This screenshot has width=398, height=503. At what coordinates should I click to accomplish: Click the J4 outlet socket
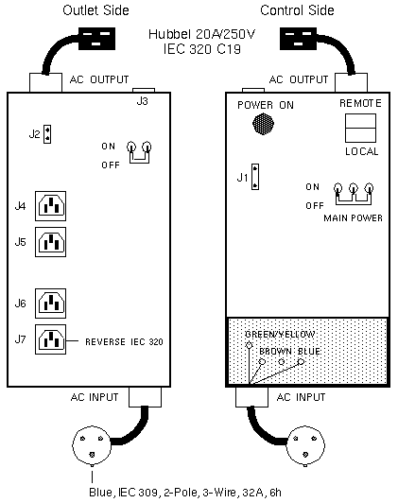pyautogui.click(x=51, y=206)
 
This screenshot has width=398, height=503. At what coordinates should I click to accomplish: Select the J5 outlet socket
pyautogui.click(x=51, y=242)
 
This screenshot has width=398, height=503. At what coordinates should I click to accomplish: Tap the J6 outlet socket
pyautogui.click(x=51, y=304)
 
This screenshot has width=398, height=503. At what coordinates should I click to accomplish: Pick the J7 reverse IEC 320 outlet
pyautogui.click(x=51, y=339)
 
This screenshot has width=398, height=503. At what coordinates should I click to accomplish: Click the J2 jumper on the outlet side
pyautogui.click(x=47, y=134)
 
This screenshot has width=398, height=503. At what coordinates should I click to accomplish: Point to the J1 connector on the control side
pyautogui.click(x=255, y=177)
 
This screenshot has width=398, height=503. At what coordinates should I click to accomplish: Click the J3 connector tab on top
pyautogui.click(x=144, y=91)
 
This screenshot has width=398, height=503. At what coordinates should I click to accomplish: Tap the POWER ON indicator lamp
pyautogui.click(x=264, y=124)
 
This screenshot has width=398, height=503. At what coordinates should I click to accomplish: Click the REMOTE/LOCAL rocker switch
pyautogui.click(x=360, y=128)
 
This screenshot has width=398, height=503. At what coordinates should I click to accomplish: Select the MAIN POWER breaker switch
pyautogui.click(x=354, y=194)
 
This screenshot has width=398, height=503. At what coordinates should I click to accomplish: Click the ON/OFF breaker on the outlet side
pyautogui.click(x=140, y=152)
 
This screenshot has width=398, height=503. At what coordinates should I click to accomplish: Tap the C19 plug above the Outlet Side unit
pyautogui.click(x=96, y=39)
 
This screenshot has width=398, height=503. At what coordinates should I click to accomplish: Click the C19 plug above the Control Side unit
pyautogui.click(x=298, y=39)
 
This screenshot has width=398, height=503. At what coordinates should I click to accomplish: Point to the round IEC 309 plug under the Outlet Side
pyautogui.click(x=92, y=445)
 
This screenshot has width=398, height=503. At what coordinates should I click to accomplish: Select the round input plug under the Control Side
pyautogui.click(x=305, y=446)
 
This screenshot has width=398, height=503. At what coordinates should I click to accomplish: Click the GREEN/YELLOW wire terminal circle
pyautogui.click(x=249, y=345)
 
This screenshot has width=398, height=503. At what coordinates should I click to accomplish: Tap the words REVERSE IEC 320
pyautogui.click(x=124, y=342)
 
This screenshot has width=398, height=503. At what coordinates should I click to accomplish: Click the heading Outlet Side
pyautogui.click(x=95, y=10)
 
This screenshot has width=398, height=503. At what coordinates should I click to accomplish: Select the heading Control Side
pyautogui.click(x=297, y=10)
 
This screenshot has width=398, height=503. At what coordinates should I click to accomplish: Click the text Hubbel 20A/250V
pyautogui.click(x=201, y=34)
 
